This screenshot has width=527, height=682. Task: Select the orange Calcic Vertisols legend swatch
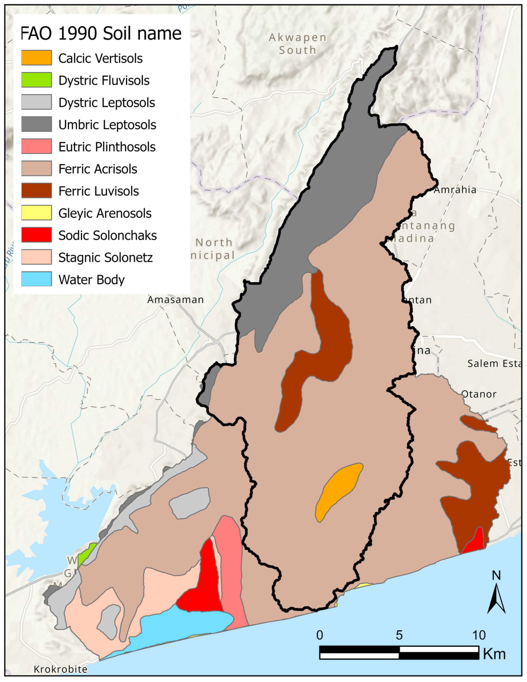pos(37,58)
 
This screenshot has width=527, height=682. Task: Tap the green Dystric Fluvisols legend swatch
pos(37,80)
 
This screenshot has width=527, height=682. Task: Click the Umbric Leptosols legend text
pos(107,125)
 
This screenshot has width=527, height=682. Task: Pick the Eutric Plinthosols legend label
pos(107,147)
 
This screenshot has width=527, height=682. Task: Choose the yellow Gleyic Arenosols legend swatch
pos(37,213)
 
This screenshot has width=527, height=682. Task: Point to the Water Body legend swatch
pos(37,279)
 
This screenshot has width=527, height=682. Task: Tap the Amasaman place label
pos(176,300)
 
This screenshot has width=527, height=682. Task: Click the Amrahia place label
pos(455,190)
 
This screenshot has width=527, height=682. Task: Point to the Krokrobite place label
pos(61,669)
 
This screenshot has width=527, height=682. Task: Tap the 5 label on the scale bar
pos(399,635)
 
